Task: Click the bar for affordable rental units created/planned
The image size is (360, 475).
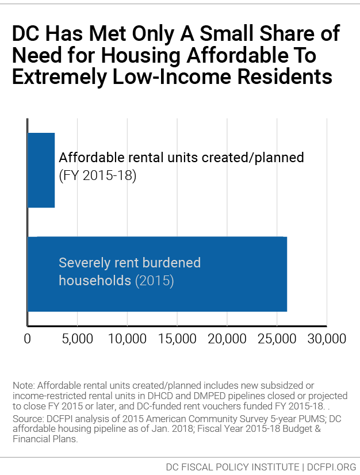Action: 41,170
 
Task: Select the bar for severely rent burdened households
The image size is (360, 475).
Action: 157,274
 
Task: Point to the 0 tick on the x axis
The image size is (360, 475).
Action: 28,339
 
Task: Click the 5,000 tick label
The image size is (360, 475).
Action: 77,339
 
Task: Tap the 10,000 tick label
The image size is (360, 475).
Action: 127,339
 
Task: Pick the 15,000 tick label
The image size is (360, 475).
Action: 177,339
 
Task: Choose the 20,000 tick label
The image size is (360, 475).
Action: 227,339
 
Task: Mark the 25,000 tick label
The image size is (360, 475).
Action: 277,339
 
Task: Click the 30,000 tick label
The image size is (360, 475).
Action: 326,339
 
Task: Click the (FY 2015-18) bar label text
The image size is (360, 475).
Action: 97,176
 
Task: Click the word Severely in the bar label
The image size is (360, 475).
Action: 85,263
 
